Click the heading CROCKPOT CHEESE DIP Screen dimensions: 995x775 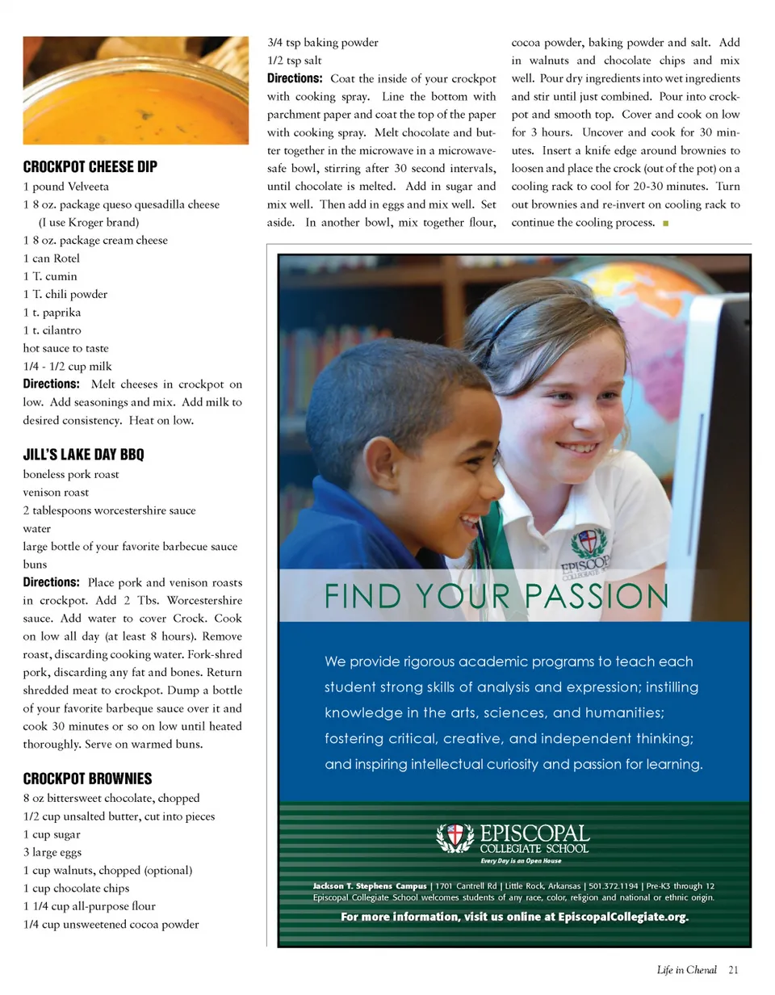(90, 167)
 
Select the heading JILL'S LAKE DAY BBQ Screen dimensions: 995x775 (83, 455)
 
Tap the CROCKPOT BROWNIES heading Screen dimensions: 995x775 (87, 779)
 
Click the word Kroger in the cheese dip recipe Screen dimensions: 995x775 (94, 222)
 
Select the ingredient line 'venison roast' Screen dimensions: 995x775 (56, 492)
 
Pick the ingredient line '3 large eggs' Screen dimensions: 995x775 (52, 852)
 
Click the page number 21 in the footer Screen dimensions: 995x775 (733, 970)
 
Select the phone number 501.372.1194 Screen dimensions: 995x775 (614, 886)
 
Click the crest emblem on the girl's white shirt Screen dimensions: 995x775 (587, 541)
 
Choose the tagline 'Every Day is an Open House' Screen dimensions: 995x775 (513, 861)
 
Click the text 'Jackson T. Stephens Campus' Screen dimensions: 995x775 (369, 886)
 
